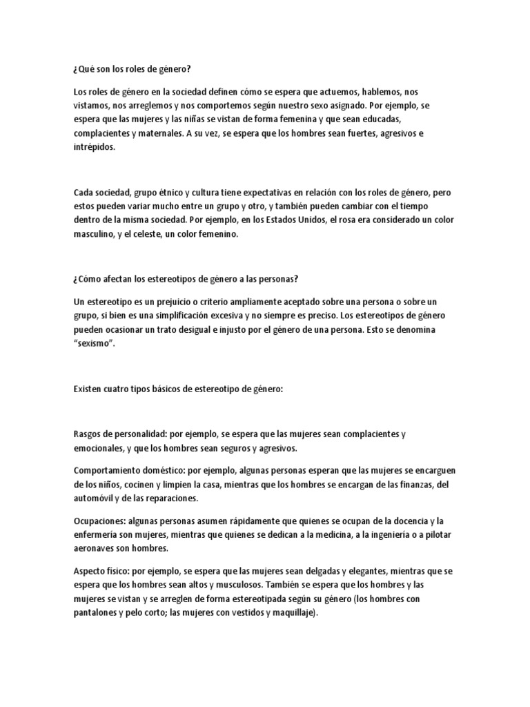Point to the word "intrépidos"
(x=95, y=146)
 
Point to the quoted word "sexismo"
(x=95, y=344)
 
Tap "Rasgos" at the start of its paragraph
(x=87, y=434)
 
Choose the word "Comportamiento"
(x=108, y=471)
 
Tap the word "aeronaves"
(x=95, y=549)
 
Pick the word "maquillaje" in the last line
(x=289, y=612)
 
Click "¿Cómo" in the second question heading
(x=86, y=279)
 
